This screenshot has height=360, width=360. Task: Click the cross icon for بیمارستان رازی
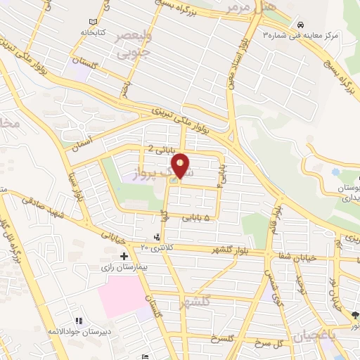124,256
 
